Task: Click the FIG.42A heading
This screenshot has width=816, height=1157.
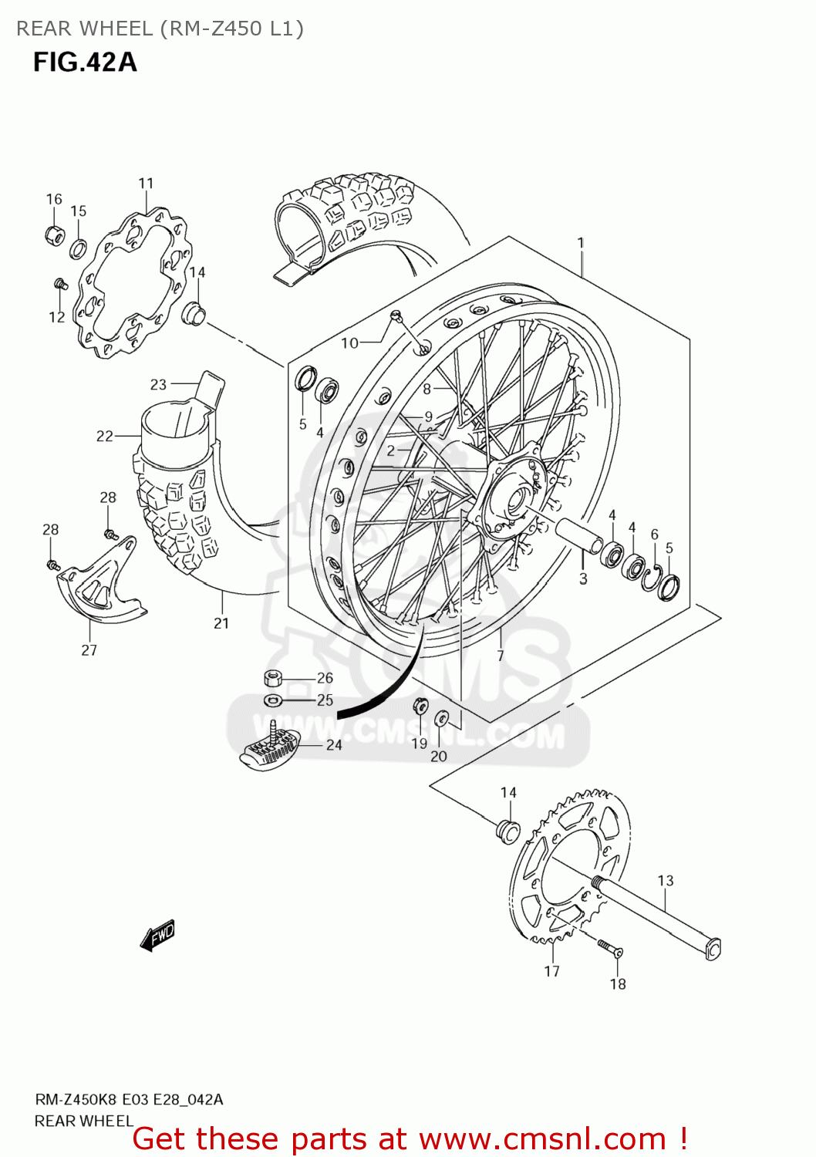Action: point(85,62)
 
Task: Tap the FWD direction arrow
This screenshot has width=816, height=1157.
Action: point(158,935)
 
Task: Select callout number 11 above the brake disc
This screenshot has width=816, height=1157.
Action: point(146,183)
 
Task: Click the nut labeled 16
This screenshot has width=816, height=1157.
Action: point(54,234)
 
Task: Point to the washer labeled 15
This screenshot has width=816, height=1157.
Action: point(79,248)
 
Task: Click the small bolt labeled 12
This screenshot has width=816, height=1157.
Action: point(60,285)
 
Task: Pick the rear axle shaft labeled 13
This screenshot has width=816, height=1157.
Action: point(656,917)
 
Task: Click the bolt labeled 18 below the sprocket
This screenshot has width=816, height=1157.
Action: point(609,948)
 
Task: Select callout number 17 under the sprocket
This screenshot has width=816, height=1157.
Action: point(551,971)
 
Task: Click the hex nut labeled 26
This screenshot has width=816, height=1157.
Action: point(273,678)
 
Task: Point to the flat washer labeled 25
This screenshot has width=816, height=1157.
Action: point(273,700)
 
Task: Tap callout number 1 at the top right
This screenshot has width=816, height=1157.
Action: point(581,243)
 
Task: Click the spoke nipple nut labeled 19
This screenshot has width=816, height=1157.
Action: point(420,705)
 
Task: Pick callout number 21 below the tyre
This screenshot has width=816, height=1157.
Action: point(221,623)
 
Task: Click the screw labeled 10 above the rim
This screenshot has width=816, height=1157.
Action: point(396,315)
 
